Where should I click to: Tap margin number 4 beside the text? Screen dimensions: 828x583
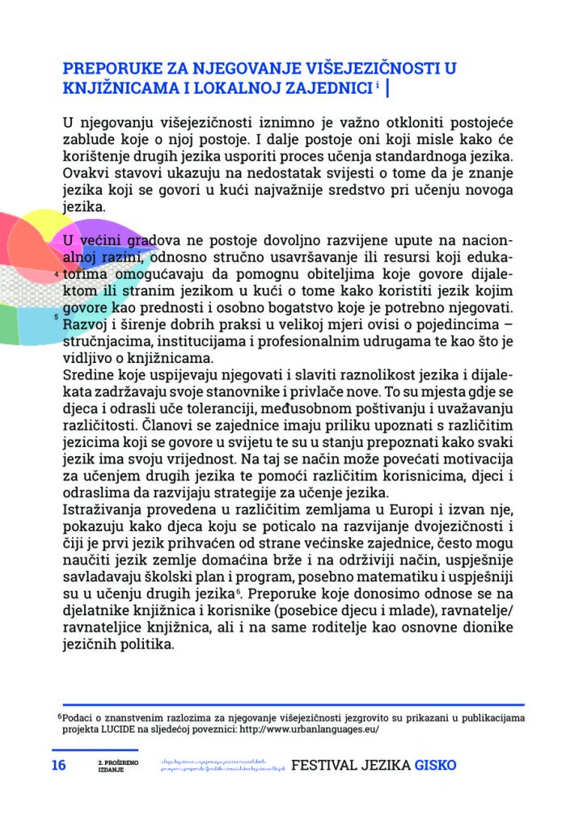point(56,275)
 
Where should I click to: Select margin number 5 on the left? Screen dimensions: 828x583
point(55,316)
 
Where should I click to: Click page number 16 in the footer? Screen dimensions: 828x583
point(59,765)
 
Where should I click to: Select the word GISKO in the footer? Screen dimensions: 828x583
point(436,765)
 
